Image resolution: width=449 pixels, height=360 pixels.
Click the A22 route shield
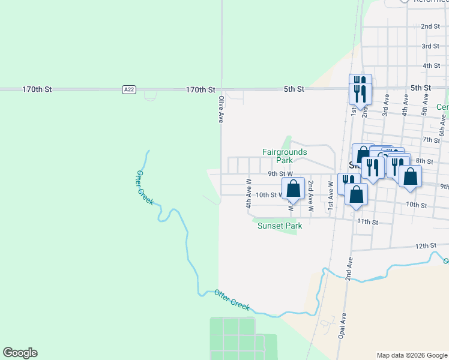click(x=128, y=89)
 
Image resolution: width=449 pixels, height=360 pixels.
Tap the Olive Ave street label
click(x=221, y=109)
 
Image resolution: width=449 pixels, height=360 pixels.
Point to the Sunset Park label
click(x=280, y=226)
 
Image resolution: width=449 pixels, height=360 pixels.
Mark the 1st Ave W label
click(x=330, y=197)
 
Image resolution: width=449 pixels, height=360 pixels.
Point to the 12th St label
click(x=424, y=246)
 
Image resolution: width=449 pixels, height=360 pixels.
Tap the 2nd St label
click(x=430, y=26)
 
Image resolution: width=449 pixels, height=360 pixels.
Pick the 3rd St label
click(x=430, y=46)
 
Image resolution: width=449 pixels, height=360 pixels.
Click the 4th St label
click(x=431, y=65)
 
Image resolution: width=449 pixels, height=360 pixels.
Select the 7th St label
click(x=431, y=139)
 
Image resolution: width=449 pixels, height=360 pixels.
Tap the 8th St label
click(x=424, y=161)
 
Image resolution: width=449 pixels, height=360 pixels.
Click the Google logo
click(x=20, y=353)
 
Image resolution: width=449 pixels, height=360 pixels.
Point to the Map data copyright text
click(x=411, y=355)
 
